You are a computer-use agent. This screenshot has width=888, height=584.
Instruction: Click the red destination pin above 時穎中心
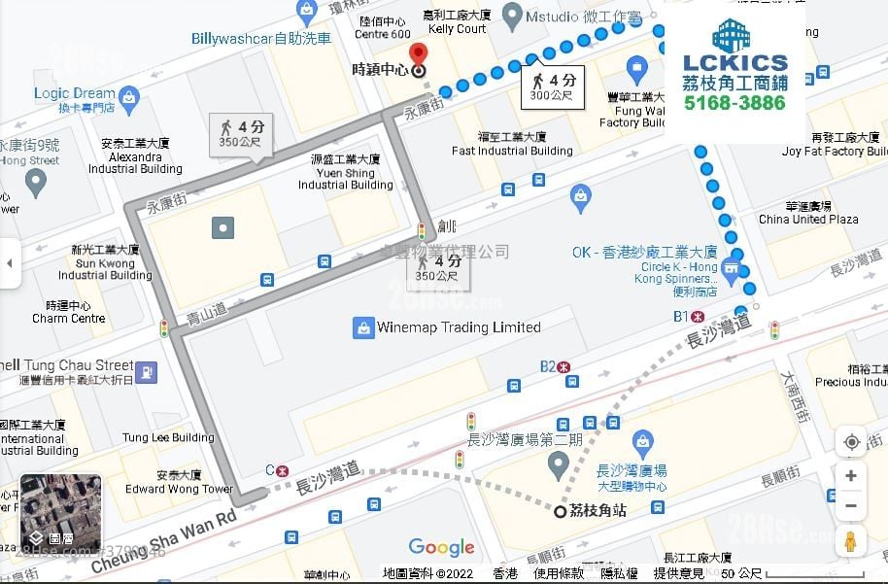click(418, 53)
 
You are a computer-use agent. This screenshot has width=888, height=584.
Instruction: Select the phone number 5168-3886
click(734, 103)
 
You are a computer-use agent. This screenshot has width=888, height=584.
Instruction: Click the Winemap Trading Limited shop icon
click(362, 327)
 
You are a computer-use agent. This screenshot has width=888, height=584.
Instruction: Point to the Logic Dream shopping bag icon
click(129, 96)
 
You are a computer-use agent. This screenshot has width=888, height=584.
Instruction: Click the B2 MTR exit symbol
click(564, 366)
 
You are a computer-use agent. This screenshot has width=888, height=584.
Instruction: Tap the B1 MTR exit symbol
click(697, 316)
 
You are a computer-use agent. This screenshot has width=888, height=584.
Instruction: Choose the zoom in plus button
click(851, 475)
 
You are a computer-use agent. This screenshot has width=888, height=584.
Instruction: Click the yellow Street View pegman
click(851, 541)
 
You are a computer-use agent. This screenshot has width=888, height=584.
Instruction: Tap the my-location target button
click(851, 442)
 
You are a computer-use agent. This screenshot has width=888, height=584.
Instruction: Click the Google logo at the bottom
click(441, 547)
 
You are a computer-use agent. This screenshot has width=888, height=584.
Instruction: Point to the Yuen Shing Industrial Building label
click(345, 172)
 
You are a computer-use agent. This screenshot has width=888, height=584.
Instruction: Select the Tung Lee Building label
click(168, 437)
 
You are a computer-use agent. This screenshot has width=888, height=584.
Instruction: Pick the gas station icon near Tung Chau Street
click(146, 370)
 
